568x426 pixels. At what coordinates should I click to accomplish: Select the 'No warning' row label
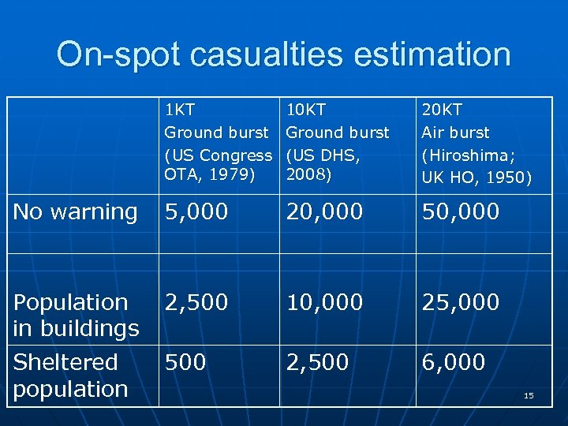[x=76, y=211]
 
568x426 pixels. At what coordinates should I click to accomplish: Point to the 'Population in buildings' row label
[x=77, y=315]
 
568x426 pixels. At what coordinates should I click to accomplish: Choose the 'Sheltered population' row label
[x=71, y=376]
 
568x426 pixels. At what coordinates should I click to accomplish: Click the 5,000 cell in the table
[x=196, y=211]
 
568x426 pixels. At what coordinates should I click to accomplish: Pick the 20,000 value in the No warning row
[x=325, y=211]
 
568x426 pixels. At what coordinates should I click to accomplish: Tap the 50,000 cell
[x=461, y=211]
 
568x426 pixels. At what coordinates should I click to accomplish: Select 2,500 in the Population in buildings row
[x=196, y=302]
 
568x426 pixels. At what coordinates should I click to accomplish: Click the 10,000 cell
[x=325, y=302]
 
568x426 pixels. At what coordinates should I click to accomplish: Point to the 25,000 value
[x=461, y=302]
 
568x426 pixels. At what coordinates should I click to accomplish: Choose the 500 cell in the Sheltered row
[x=185, y=362]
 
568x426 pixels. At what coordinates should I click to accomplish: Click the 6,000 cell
[x=453, y=362]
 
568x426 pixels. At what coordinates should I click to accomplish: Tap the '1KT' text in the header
[x=180, y=110]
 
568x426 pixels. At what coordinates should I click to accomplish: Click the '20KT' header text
[x=443, y=110]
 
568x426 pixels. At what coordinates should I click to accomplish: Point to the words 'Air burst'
[x=456, y=133]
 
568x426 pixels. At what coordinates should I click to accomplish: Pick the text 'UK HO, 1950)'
[x=476, y=177]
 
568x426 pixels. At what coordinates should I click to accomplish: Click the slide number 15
[x=529, y=395]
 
